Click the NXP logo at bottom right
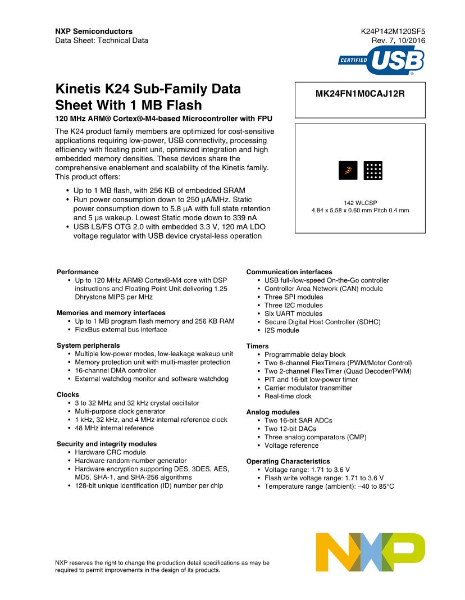370,552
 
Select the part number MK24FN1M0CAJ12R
360,94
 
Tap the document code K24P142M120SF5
393,31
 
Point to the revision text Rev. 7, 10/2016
398,40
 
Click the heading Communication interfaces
289,272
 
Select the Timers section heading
257,346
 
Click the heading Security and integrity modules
107,444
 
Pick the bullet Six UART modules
293,313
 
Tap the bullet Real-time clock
288,396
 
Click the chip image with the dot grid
373,170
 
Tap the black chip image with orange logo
348,170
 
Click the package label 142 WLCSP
360,202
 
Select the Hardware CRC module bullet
110,452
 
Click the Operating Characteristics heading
288,461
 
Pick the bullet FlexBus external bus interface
121,330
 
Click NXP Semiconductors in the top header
94,31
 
